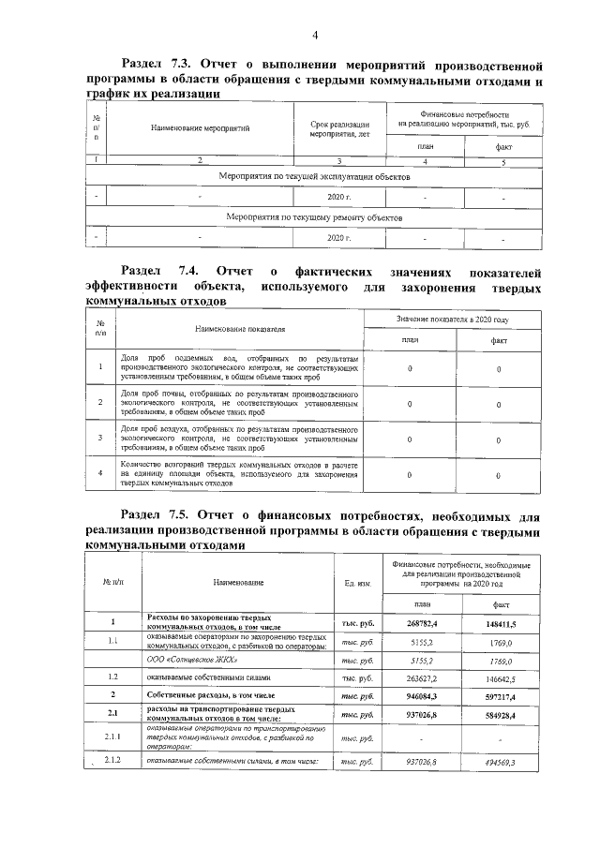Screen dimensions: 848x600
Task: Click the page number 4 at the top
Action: [x=314, y=36]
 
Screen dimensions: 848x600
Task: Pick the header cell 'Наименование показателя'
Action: [x=240, y=330]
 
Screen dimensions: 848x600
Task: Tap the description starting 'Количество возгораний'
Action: [x=240, y=474]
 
